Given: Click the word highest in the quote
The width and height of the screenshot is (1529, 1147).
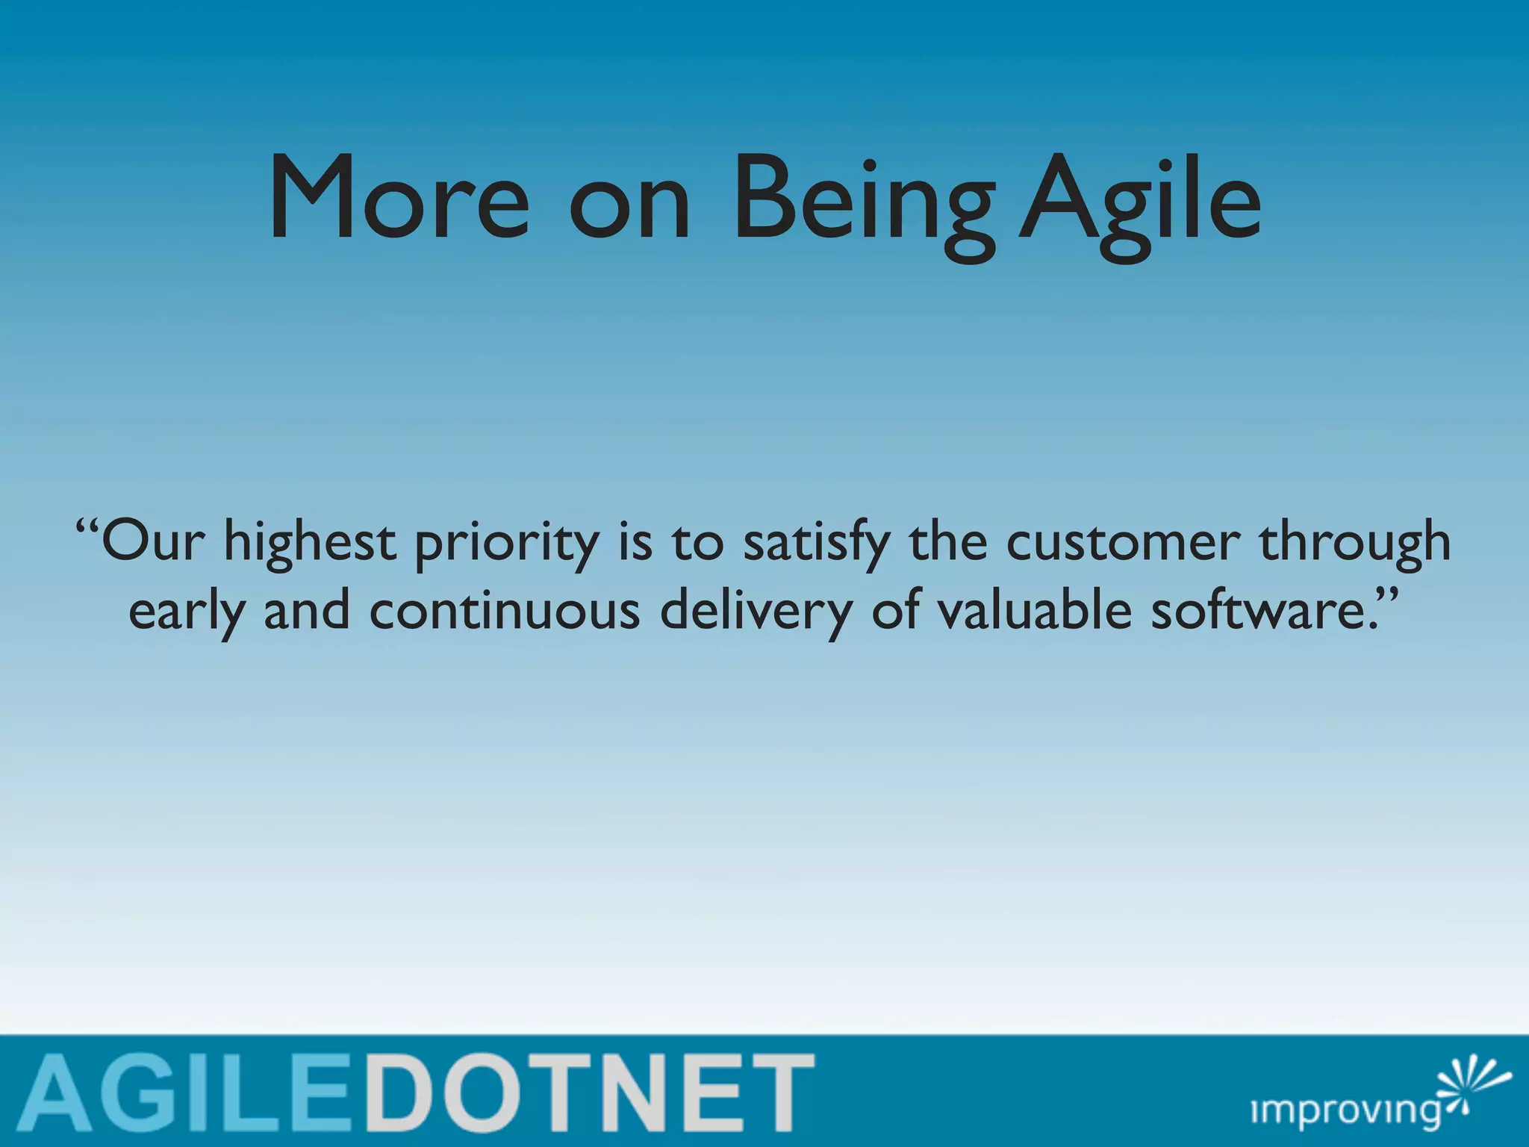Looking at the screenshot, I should (x=310, y=544).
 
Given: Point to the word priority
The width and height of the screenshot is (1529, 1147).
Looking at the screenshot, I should (x=507, y=544).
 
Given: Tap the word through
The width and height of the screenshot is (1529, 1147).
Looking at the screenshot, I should (x=1355, y=544).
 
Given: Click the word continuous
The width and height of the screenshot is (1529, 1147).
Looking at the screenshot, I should (x=505, y=611).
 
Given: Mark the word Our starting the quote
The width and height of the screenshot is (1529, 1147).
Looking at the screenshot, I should (x=152, y=542).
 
